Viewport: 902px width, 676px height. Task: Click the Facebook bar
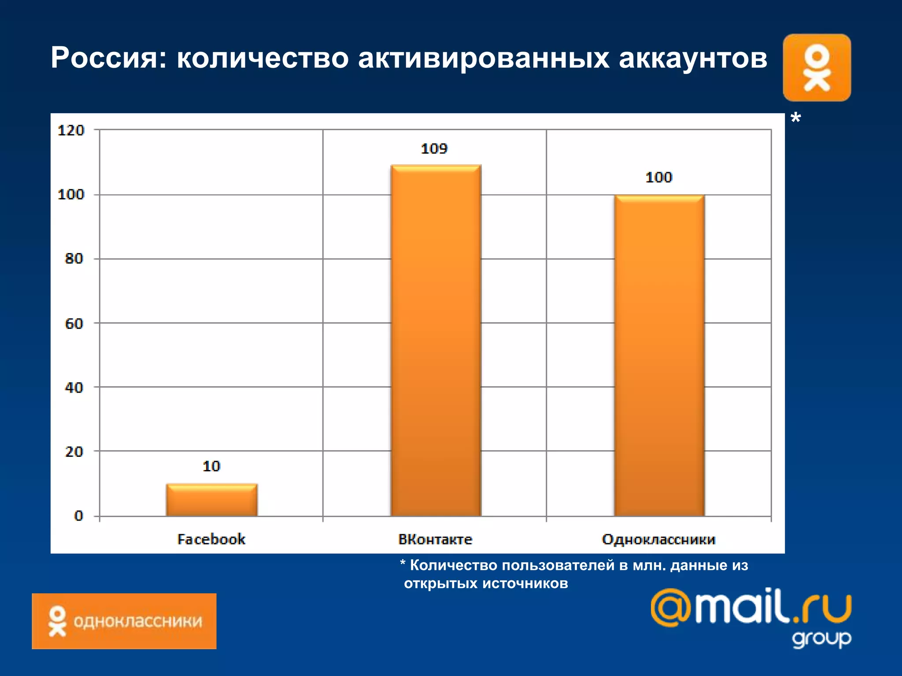212,500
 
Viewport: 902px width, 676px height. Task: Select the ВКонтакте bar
436,340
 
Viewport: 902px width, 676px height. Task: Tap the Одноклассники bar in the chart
659,355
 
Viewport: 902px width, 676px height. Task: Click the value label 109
434,149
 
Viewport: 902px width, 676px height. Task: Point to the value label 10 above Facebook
211,466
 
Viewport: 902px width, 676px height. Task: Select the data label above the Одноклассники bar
659,177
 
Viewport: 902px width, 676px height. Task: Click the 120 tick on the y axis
71,130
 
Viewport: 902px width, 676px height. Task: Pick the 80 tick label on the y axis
74,259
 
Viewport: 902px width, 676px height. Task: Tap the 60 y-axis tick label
74,324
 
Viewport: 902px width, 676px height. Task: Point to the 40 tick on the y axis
74,388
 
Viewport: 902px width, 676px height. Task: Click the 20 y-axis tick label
74,452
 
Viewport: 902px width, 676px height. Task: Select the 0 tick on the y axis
78,516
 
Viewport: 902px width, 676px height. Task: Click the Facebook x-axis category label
211,539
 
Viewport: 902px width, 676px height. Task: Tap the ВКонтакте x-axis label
435,539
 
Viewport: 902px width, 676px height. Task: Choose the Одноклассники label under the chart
659,539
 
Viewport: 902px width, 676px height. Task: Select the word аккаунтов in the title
693,58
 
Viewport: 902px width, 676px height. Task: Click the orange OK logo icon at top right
817,68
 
